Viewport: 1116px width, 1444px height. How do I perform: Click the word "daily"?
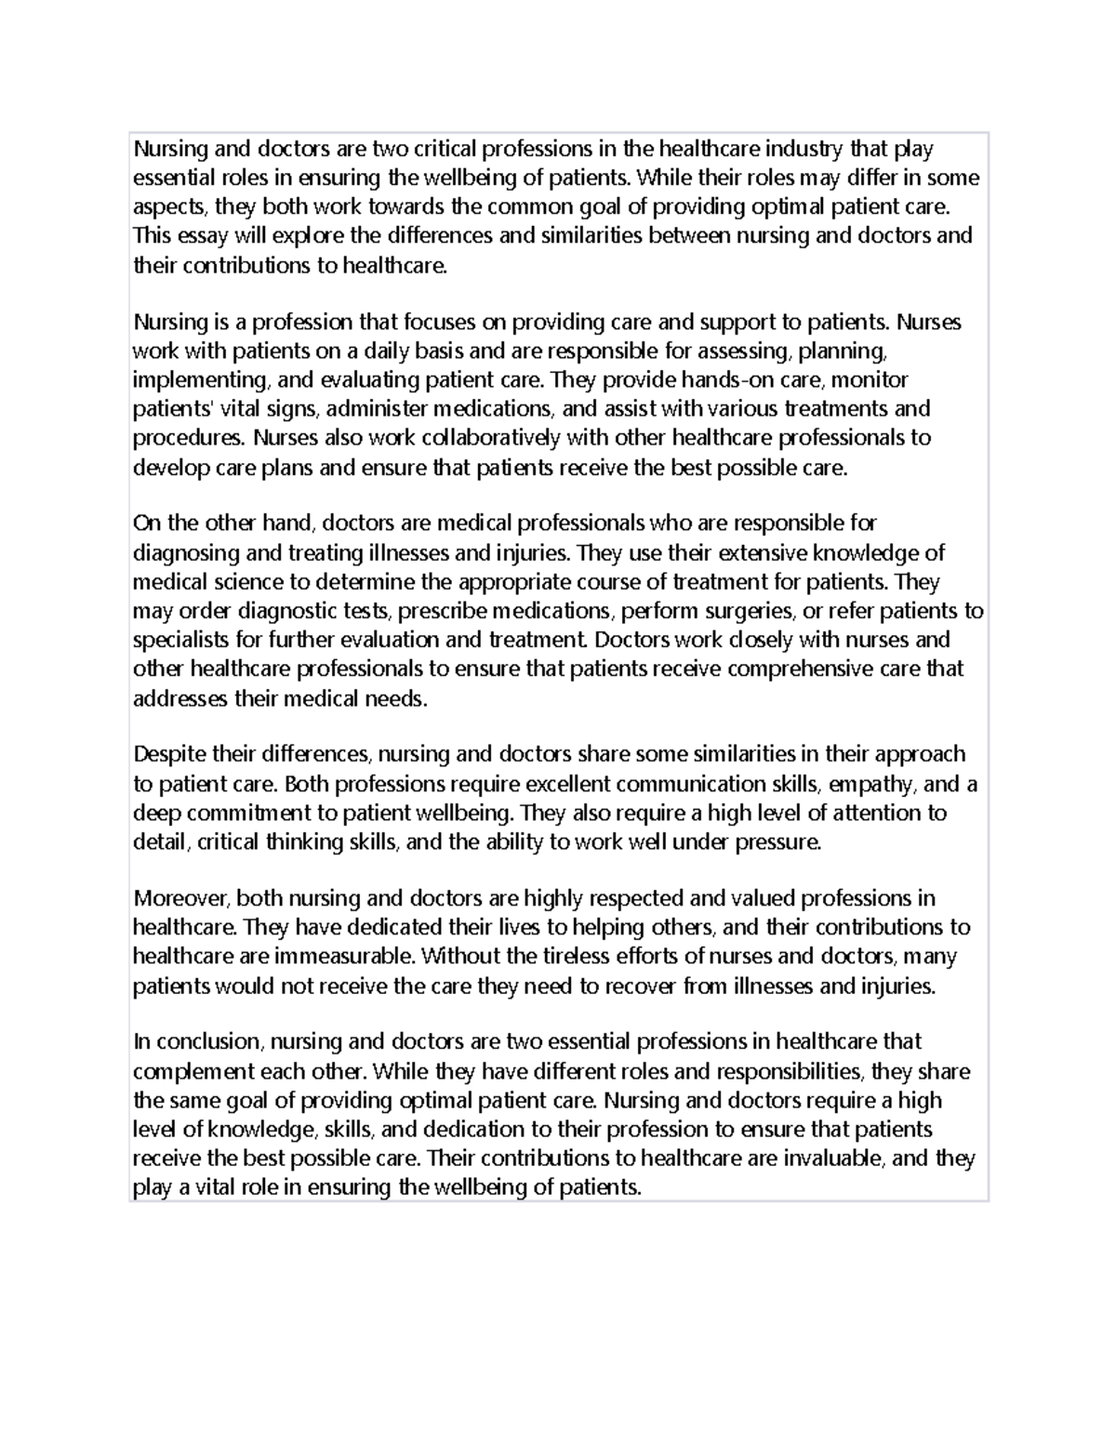[x=392, y=351]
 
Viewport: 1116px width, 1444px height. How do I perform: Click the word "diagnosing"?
[x=185, y=553]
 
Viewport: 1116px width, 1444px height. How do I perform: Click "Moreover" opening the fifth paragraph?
[x=180, y=898]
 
